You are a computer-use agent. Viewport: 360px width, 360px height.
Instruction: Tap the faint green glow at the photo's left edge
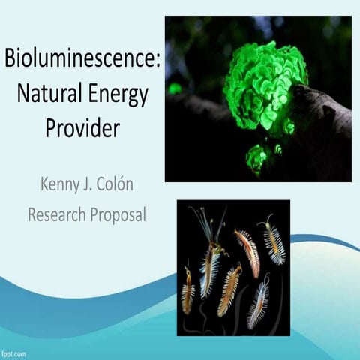click(174, 88)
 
